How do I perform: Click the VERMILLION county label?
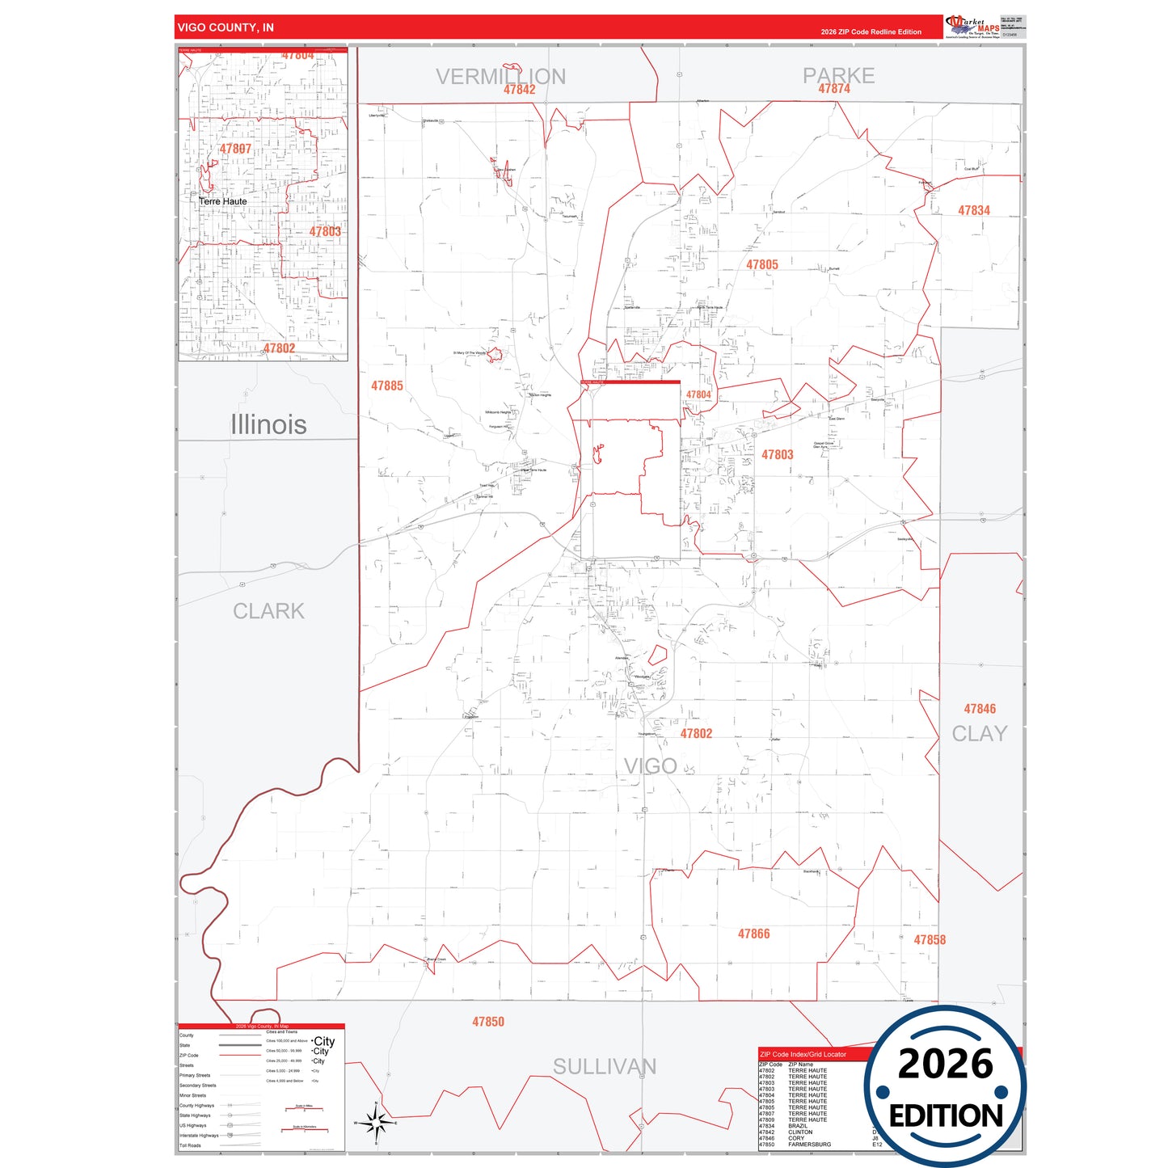500,76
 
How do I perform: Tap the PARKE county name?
838,75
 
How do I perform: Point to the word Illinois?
268,424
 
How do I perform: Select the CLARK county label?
268,611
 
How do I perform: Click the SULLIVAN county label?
604,1067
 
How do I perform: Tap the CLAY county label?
979,734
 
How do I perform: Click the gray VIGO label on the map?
650,765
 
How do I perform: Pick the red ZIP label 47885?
386,386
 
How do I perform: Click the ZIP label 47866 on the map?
753,934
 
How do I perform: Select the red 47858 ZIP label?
930,940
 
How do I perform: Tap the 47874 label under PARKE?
834,89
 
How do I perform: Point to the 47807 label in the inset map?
235,149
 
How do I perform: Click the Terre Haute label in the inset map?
223,201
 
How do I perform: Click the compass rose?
375,1122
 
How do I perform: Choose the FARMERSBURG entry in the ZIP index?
809,1145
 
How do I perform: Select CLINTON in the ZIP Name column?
800,1132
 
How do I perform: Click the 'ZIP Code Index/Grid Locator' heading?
803,1054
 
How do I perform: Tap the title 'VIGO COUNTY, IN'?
226,27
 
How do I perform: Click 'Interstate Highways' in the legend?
199,1136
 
